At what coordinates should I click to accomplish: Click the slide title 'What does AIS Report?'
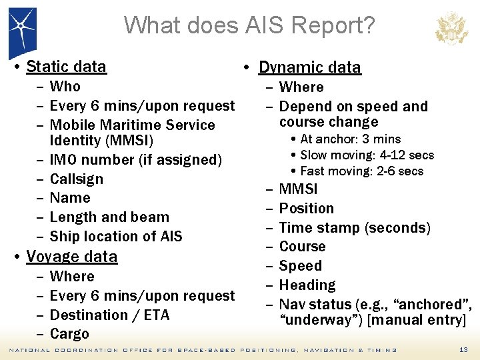249,25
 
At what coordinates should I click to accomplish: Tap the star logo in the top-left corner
22,30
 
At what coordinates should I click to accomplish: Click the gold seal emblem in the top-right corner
451,28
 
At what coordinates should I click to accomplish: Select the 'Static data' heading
66,67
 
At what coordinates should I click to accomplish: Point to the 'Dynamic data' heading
309,67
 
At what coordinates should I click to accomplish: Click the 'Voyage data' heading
71,257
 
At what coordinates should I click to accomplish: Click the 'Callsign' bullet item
77,179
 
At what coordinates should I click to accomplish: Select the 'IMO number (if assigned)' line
135,160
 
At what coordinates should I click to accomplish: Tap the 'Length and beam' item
109,217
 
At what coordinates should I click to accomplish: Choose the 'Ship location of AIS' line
116,236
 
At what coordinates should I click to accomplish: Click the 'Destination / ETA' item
110,315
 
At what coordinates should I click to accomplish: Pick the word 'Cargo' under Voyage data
69,334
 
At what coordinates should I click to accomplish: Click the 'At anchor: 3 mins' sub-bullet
350,139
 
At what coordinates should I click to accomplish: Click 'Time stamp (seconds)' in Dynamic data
355,228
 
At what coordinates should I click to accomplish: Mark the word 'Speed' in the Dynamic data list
300,266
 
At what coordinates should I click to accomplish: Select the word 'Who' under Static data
65,87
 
